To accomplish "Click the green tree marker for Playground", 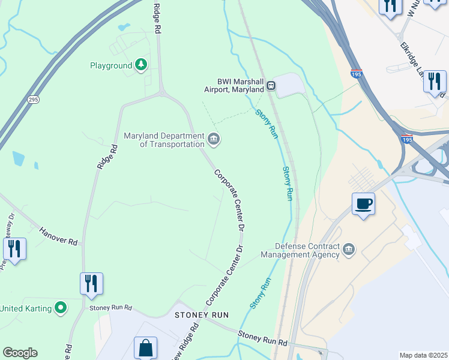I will point(141,65).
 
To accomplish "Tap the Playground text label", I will point(111,65).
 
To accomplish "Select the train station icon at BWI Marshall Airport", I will point(271,85).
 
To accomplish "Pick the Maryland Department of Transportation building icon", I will point(214,140).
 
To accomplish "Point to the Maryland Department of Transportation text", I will point(164,140).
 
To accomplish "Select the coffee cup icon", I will point(363,204).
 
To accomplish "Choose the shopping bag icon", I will point(145,347).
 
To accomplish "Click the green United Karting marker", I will point(61,308).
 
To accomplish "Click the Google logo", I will point(20,353).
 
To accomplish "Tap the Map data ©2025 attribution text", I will point(423,355).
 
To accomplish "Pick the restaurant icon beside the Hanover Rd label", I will point(14,249).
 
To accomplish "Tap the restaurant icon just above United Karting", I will point(91,283).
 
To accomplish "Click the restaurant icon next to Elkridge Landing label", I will point(435,82).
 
